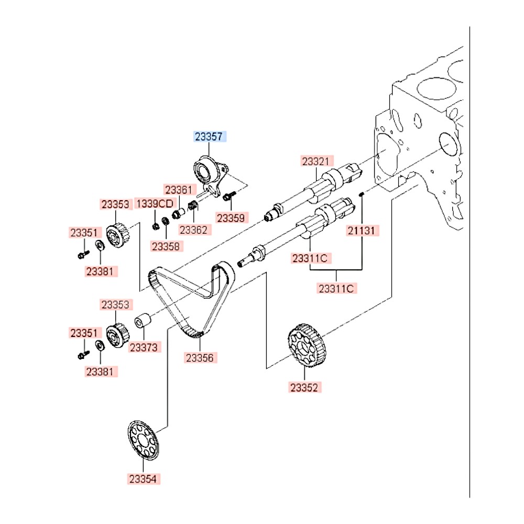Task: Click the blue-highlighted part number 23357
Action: point(209,137)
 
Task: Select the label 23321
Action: point(316,161)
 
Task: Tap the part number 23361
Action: point(179,190)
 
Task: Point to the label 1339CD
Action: point(155,203)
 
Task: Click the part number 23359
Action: point(232,217)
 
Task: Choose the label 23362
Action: point(194,229)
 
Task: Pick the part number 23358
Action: point(165,245)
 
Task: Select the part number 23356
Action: point(200,358)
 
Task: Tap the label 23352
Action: point(305,388)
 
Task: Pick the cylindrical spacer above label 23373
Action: point(143,320)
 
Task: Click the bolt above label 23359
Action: point(229,197)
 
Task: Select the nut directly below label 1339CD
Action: point(155,226)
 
